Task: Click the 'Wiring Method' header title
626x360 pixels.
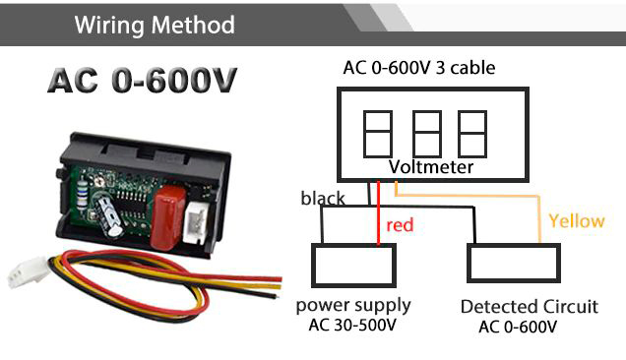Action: [155, 26]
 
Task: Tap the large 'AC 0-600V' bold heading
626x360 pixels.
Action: [143, 81]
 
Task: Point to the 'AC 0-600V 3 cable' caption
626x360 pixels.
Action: [419, 68]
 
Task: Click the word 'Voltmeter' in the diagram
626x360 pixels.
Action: [431, 167]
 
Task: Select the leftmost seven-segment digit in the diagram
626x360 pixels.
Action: [378, 134]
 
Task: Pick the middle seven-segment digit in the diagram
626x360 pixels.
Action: [427, 134]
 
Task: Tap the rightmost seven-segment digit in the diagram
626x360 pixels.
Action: [472, 134]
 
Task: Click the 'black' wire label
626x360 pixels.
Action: [323, 199]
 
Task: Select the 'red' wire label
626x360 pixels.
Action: [400, 225]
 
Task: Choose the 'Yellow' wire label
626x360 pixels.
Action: [577, 221]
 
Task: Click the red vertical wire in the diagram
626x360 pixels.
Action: [379, 213]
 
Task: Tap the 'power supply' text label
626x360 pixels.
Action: [353, 307]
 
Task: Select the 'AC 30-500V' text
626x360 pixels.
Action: [352, 325]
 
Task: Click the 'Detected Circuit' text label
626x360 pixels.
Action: [530, 307]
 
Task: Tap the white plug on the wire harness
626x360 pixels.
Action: [29, 271]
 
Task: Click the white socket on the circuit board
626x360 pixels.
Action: [196, 224]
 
